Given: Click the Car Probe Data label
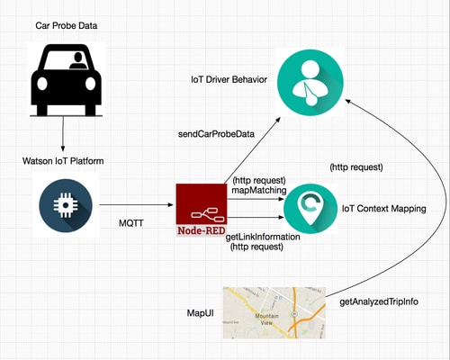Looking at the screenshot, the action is click(67, 26).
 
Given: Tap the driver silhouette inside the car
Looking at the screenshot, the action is click(78, 61).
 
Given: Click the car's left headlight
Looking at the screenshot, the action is click(42, 84).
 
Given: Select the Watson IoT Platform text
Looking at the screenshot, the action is click(63, 161).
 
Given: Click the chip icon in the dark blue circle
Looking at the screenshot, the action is click(66, 205).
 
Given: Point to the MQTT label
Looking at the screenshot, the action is click(131, 223).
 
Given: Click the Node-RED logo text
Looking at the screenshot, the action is click(202, 230).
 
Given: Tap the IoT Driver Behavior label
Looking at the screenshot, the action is click(229, 79).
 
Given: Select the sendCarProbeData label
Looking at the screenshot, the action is click(216, 134).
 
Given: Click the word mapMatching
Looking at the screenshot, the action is click(259, 190).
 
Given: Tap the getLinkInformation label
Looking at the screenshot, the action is click(263, 237).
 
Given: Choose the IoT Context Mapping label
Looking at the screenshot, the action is click(384, 209).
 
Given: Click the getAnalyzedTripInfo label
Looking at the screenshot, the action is click(379, 301).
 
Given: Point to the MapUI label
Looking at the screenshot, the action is click(201, 313).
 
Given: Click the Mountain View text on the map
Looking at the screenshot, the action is click(266, 319).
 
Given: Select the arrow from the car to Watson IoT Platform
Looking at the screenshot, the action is click(63, 134).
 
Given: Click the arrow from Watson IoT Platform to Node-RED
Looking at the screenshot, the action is click(137, 205).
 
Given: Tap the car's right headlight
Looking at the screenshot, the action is click(90, 84).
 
